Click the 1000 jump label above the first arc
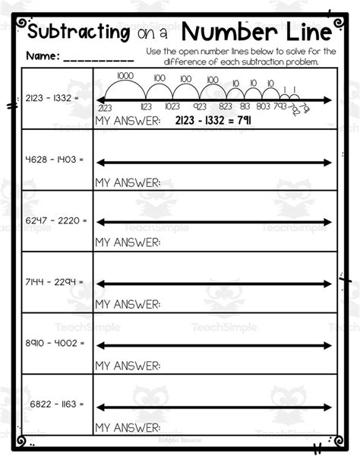pyautogui.click(x=126, y=76)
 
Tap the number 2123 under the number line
pyautogui.click(x=104, y=108)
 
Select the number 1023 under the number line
pyautogui.click(x=172, y=108)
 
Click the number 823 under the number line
pyautogui.click(x=226, y=108)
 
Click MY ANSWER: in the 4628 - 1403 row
pyautogui.click(x=128, y=182)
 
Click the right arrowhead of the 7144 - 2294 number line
pyautogui.click(x=328, y=284)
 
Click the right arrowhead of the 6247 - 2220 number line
pyautogui.click(x=328, y=222)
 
